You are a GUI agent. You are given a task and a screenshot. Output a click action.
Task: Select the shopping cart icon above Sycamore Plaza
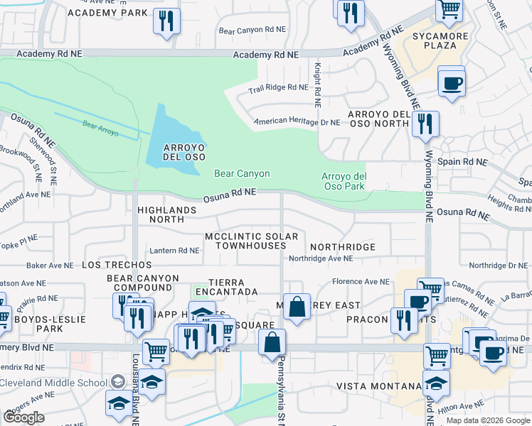point(448,9)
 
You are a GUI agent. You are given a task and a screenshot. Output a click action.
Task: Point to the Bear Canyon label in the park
point(242,173)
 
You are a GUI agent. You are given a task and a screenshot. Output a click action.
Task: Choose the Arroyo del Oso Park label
point(344,181)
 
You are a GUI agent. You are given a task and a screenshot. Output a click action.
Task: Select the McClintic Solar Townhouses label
point(251,240)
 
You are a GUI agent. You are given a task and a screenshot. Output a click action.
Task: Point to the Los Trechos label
point(107,264)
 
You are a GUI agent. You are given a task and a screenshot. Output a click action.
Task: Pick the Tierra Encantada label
point(233,287)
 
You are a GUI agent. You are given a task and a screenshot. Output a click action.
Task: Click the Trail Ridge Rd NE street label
point(277,88)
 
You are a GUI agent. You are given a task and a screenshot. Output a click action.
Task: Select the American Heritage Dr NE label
point(297,122)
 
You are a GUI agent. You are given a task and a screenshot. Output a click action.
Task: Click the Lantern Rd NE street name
point(174,250)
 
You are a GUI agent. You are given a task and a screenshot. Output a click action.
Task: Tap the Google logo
point(23,417)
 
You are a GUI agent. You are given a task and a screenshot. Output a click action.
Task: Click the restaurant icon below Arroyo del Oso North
point(425,124)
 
